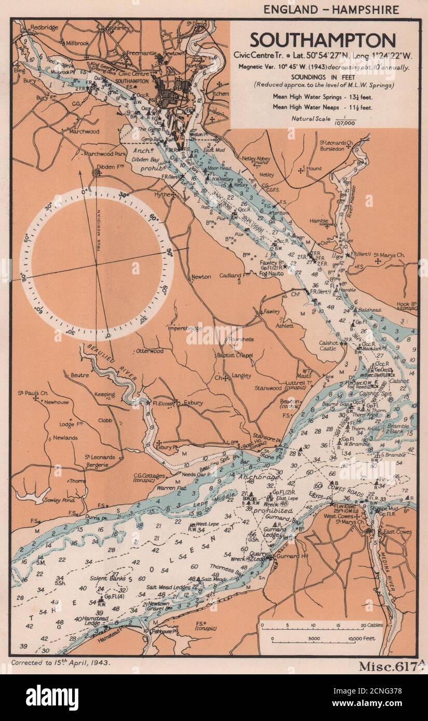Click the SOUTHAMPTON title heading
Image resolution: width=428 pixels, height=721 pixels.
323,40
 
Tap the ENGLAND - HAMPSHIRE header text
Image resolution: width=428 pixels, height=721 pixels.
331,9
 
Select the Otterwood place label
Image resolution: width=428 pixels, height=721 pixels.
149,351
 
